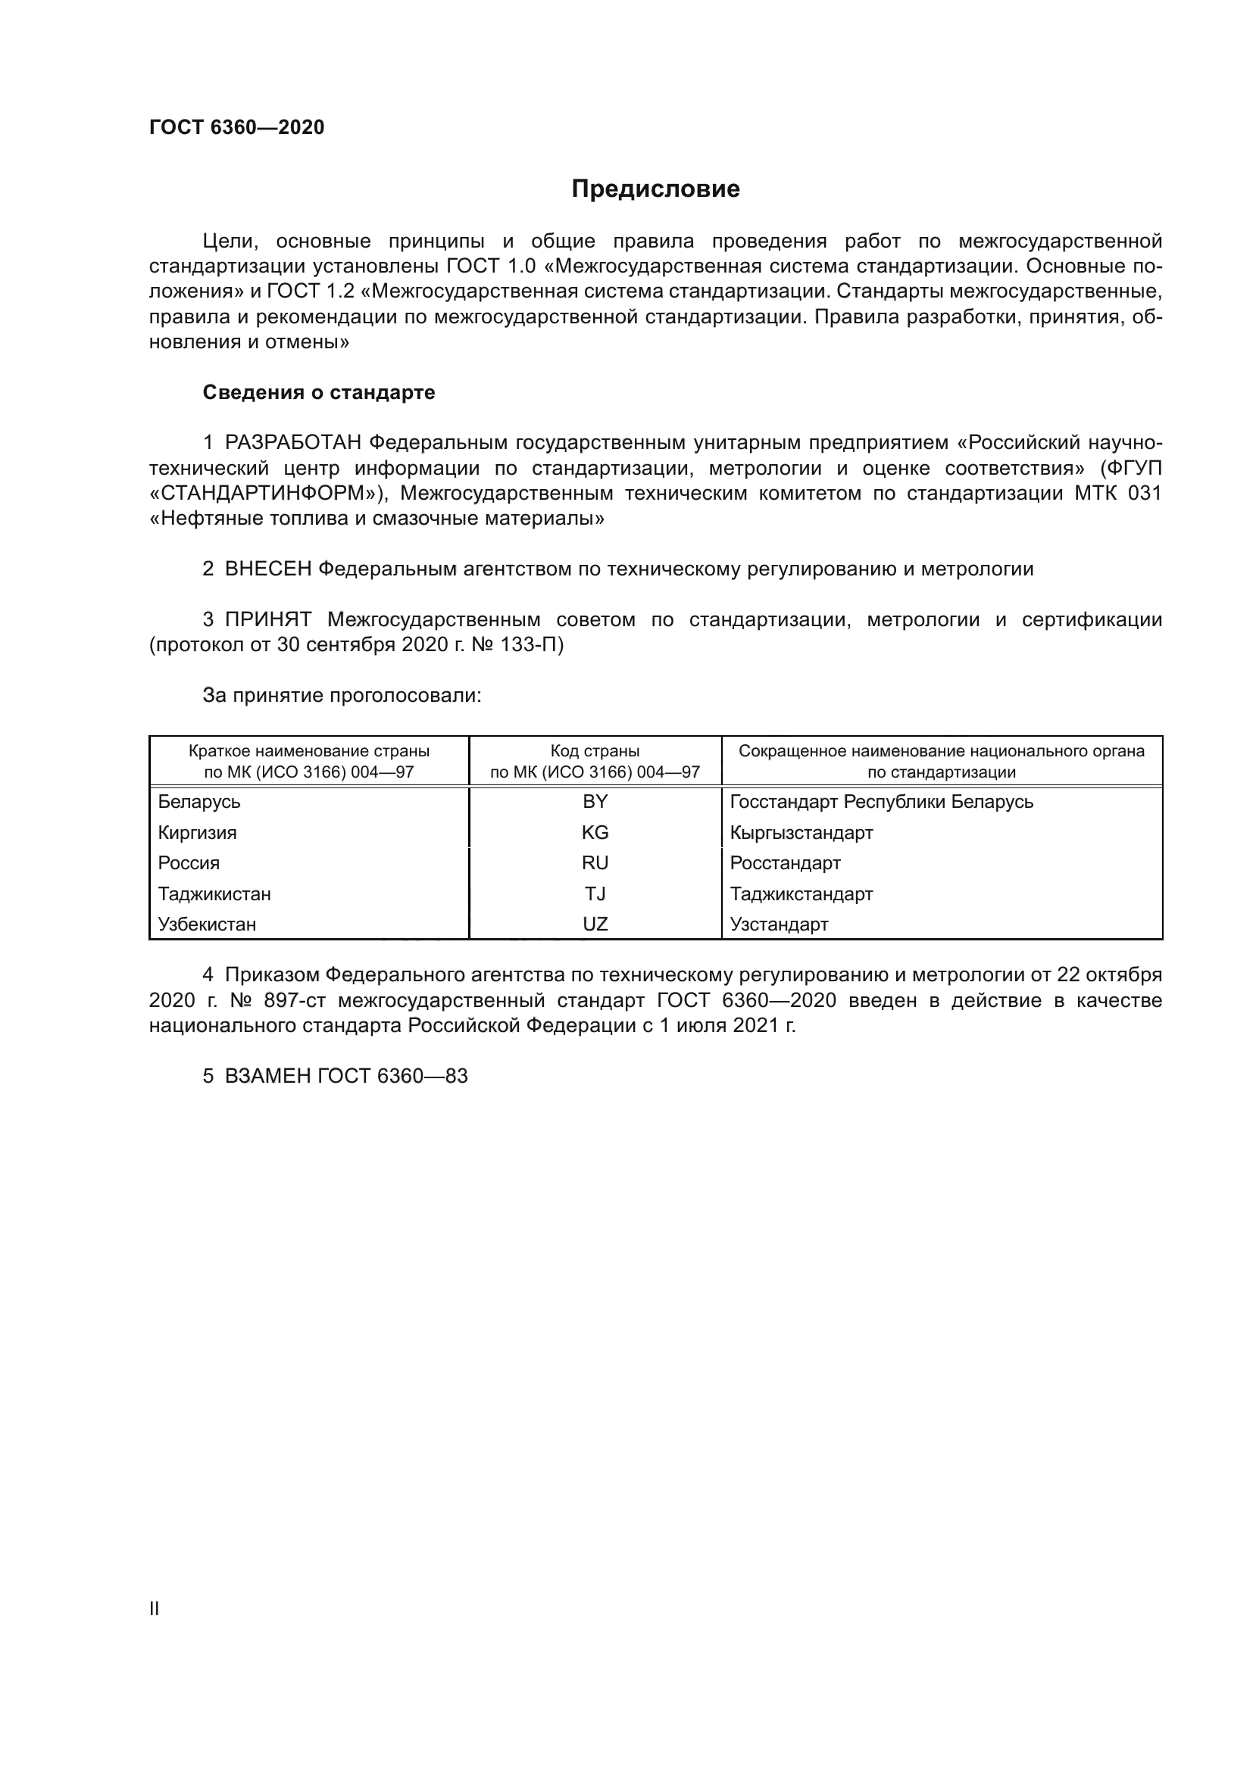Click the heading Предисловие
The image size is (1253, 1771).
click(x=655, y=189)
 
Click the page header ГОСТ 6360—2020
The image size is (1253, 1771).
click(x=237, y=127)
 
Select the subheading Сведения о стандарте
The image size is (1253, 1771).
click(x=319, y=393)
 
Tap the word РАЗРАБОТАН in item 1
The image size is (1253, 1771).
click(x=293, y=443)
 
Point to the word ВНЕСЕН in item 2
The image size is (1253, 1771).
click(x=267, y=569)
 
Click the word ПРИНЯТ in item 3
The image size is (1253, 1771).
click(x=267, y=619)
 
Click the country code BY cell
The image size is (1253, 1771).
click(x=595, y=802)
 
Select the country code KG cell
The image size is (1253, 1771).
click(x=595, y=833)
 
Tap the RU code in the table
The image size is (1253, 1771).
click(x=595, y=863)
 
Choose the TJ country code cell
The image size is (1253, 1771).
click(x=595, y=894)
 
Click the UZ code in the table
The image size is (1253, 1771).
click(x=595, y=924)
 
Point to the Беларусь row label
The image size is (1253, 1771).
click(x=199, y=802)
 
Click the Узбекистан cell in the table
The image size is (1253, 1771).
click(x=207, y=924)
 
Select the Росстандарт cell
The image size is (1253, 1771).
click(x=785, y=863)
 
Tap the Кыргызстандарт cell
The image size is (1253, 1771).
click(x=801, y=833)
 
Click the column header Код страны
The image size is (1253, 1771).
click(x=595, y=751)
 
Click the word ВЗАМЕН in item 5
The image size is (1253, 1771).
click(x=267, y=1076)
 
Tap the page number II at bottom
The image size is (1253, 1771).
click(x=155, y=1609)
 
